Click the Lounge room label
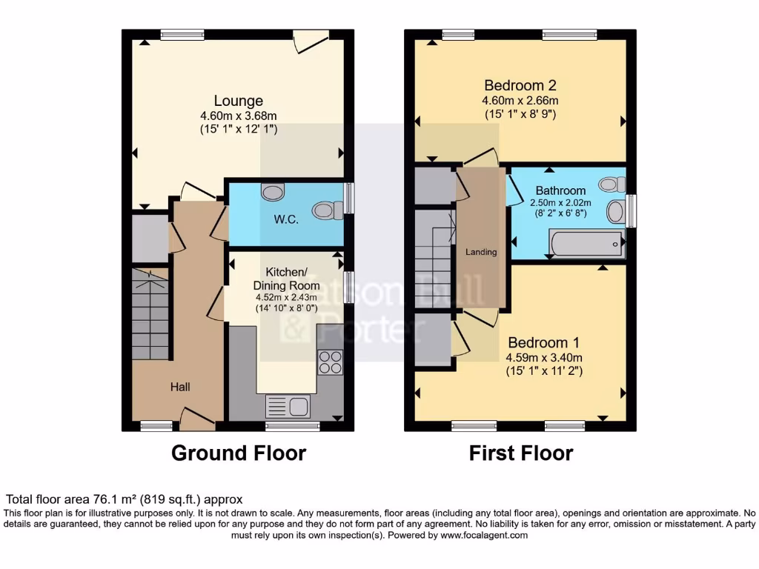(x=238, y=101)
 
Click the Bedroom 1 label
(x=543, y=343)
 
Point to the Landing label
(x=480, y=252)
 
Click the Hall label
(x=180, y=387)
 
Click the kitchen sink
(x=288, y=406)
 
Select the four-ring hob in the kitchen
(x=330, y=361)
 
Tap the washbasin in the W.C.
(x=272, y=192)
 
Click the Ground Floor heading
(x=239, y=453)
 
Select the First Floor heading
(x=521, y=453)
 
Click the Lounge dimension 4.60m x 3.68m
(x=238, y=116)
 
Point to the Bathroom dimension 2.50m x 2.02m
(x=560, y=202)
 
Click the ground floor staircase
(x=151, y=314)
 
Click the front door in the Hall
(x=196, y=420)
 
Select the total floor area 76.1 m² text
(x=124, y=499)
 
